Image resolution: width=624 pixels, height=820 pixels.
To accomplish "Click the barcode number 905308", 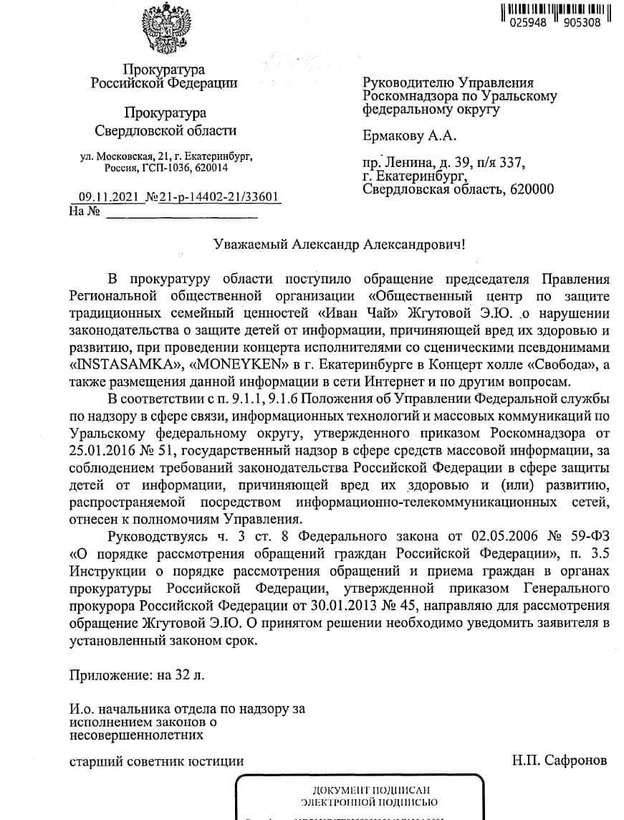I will pos(582,22).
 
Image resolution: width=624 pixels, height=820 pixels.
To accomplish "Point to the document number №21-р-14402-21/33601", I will pos(212,198).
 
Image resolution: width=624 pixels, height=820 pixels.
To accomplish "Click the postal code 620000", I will pos(529,189).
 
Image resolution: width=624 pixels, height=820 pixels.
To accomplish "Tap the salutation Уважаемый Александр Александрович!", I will pos(340,244).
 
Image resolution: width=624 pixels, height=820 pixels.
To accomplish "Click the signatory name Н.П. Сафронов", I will pos(560,760).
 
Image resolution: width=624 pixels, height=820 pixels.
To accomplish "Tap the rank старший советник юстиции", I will pos(156,761).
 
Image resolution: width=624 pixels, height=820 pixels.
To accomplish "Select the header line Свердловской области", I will pos(165,130).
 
